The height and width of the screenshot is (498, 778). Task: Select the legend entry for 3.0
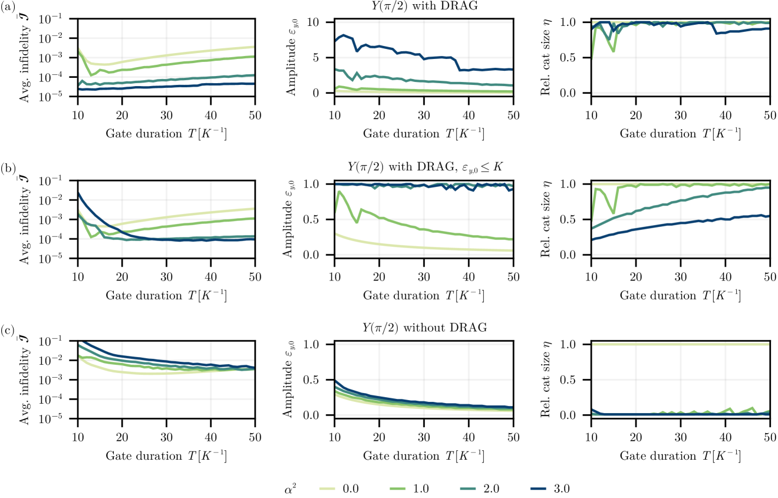pos(542,488)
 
